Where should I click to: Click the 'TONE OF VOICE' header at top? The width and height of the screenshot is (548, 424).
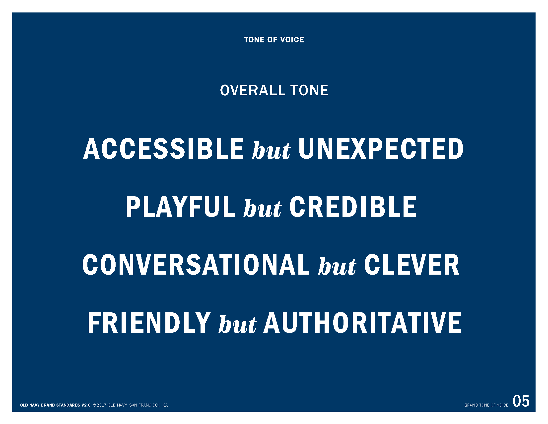point(274,40)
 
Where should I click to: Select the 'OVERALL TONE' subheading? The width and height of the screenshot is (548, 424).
point(274,91)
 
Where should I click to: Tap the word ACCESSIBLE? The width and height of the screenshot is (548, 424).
point(164,149)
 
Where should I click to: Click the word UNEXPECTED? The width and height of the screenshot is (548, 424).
point(381,149)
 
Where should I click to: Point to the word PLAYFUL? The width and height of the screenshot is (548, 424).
point(180,207)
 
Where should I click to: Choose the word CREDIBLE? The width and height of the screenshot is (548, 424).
point(353,207)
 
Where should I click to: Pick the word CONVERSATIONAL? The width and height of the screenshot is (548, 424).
point(196,265)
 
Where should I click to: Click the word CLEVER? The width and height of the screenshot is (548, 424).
point(412,265)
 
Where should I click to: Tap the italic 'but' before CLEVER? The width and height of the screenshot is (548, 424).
point(337,266)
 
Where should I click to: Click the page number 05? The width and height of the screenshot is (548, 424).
point(521,401)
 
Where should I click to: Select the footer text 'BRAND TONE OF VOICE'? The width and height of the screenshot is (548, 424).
point(486,405)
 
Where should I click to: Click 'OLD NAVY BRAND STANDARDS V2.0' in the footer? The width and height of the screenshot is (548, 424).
point(55,405)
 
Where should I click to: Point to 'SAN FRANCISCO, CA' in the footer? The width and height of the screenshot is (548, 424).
point(148,405)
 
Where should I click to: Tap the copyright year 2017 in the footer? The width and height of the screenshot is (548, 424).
point(102,405)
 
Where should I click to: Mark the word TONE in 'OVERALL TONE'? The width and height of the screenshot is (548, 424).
point(309,91)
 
